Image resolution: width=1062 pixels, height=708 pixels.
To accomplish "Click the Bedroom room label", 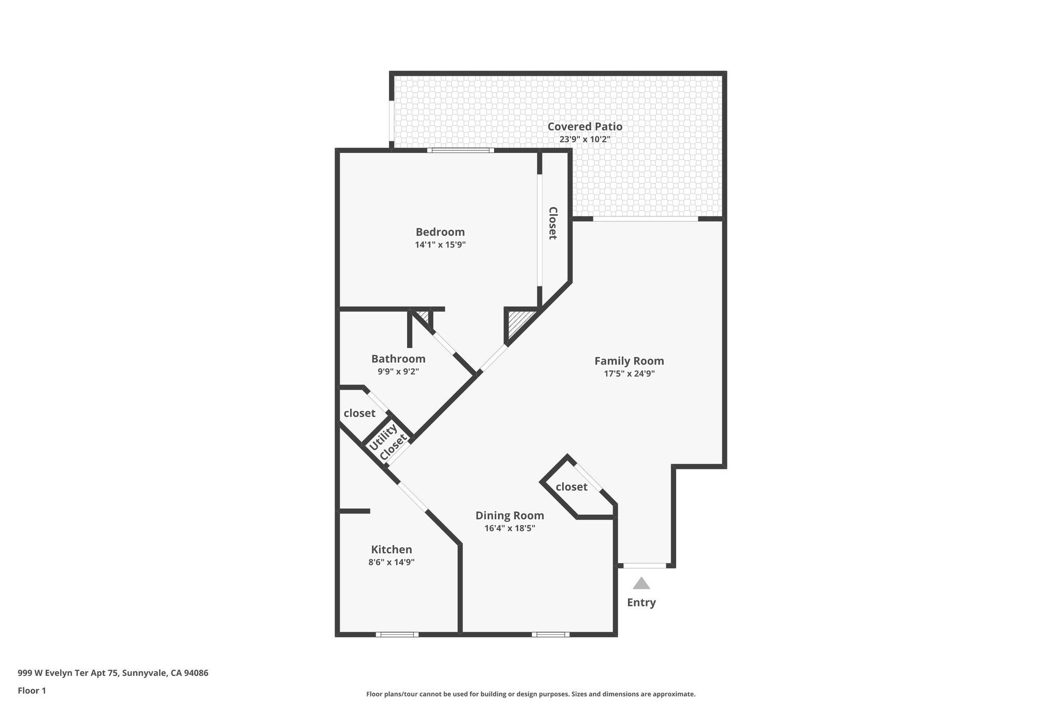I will tap(440, 232).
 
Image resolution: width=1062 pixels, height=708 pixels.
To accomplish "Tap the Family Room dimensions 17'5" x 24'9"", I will tap(629, 373).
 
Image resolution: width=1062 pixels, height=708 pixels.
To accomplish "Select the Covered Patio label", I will tap(584, 126).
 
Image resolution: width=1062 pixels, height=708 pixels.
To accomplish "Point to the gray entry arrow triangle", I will tap(641, 584).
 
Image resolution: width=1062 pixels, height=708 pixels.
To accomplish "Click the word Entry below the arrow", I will tap(641, 602).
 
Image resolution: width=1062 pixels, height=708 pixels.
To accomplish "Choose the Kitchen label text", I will tap(392, 549).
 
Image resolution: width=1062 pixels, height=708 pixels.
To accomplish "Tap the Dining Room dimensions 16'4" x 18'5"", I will tap(509, 529).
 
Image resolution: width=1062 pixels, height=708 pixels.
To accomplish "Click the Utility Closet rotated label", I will tap(387, 442).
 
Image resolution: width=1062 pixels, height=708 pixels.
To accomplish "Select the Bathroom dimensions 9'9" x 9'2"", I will tap(398, 371).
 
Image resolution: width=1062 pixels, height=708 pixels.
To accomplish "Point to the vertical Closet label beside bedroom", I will tap(553, 223).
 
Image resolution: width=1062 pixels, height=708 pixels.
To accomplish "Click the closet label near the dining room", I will tap(571, 487).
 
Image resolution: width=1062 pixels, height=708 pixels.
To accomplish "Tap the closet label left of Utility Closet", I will tap(359, 413).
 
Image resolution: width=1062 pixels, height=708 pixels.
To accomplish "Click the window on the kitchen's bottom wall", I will tap(397, 634).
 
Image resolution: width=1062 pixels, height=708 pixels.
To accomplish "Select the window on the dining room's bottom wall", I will tap(550, 634).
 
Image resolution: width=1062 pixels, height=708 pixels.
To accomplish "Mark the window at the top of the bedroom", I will tap(460, 150).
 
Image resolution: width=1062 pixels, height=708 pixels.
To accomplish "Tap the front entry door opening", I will tap(644, 565).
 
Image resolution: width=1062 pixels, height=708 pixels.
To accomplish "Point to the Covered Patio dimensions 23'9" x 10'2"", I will tap(584, 139).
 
